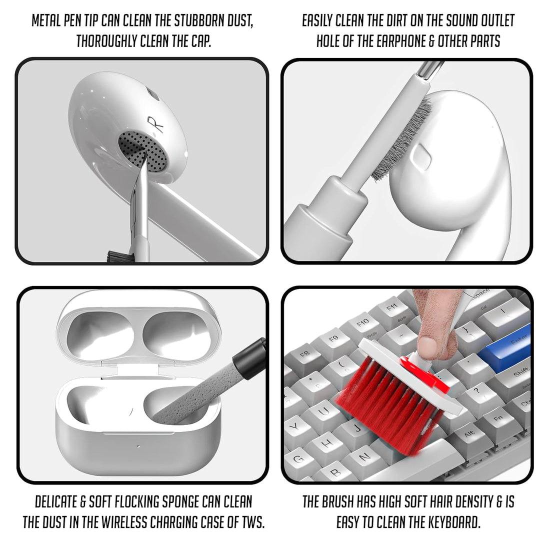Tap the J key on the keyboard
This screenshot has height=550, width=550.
click(357, 427)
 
